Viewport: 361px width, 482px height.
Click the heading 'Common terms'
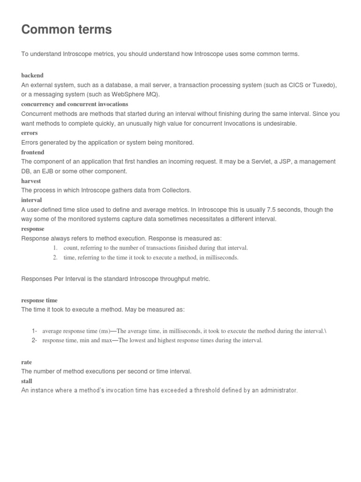click(x=67, y=30)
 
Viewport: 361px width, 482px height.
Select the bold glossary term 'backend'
click(x=32, y=75)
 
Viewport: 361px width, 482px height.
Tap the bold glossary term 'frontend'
click(x=33, y=153)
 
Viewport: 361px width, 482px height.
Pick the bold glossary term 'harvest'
click(x=31, y=181)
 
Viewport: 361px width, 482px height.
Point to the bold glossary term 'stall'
click(x=27, y=381)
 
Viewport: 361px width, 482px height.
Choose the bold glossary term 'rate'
click(x=27, y=362)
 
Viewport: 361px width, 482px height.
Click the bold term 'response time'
click(x=39, y=300)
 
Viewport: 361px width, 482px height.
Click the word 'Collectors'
click(x=176, y=190)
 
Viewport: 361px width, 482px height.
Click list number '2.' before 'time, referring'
click(x=55, y=257)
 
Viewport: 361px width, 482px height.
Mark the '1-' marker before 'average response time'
click(x=34, y=331)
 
